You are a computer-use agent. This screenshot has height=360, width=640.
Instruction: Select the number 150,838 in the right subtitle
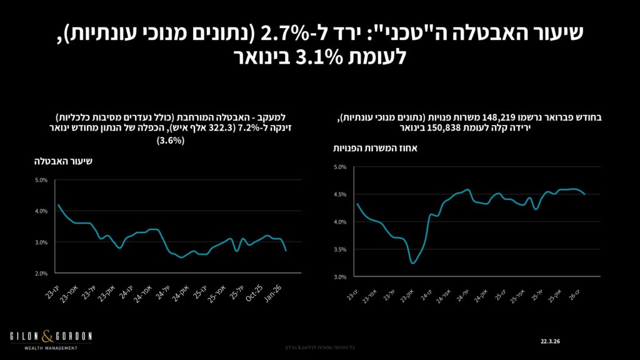click(433, 127)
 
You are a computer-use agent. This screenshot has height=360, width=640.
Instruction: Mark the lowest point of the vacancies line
click(413, 262)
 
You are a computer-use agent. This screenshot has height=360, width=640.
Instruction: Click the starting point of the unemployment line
click(57, 205)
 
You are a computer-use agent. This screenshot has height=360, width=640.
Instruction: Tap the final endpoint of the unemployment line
click(286, 251)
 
